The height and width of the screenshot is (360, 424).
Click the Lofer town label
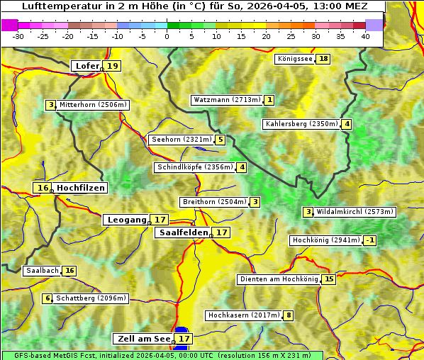click(x=87, y=66)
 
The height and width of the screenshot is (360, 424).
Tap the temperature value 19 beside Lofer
click(x=113, y=66)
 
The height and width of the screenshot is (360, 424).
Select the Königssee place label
click(x=295, y=59)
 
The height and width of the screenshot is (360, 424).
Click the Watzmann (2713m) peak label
click(x=227, y=100)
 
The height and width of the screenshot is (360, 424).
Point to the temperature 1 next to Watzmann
click(x=269, y=100)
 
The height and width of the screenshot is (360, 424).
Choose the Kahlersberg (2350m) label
click(x=301, y=125)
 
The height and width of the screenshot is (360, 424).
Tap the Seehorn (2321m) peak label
click(x=182, y=140)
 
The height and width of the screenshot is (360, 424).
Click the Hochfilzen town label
click(x=81, y=188)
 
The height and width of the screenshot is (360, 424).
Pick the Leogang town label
click(x=127, y=220)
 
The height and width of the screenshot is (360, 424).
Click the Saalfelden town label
click(x=184, y=232)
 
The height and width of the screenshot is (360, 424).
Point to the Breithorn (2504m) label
click(x=214, y=202)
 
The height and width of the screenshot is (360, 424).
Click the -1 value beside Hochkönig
click(x=370, y=240)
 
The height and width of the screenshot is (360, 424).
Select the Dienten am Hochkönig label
click(x=279, y=279)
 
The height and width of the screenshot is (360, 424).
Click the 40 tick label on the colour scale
click(x=365, y=36)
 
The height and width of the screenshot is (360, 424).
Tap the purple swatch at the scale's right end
click(x=374, y=24)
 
